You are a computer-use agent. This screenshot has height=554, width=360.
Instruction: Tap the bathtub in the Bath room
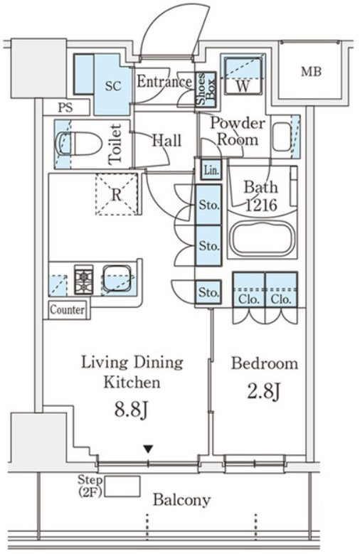[x=262, y=238]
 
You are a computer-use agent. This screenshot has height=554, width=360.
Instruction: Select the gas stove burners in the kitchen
[x=83, y=279]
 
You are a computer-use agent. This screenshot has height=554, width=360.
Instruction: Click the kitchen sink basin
[x=117, y=279]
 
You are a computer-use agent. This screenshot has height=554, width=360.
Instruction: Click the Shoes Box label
[x=206, y=89]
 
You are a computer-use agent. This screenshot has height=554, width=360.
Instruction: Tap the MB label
[x=311, y=72]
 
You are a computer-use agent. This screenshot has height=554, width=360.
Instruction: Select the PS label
[x=65, y=107]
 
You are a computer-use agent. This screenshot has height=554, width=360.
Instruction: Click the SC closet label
[x=113, y=86]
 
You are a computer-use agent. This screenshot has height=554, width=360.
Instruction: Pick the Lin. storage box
[x=211, y=170]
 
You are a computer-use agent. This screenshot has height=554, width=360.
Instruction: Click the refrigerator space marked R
[x=117, y=194]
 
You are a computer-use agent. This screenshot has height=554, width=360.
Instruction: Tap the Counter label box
[x=67, y=310]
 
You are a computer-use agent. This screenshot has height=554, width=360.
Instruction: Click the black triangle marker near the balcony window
[x=148, y=449]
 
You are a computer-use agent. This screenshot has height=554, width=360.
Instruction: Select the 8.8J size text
[x=131, y=410]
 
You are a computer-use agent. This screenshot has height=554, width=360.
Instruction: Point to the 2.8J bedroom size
[x=264, y=391]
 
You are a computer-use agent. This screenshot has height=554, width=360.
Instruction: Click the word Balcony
[x=181, y=500]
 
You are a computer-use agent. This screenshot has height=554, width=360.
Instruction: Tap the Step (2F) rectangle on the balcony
[x=122, y=486]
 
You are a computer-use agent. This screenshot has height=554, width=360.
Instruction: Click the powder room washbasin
[x=282, y=137]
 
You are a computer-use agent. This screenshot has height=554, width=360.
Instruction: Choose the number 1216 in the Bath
[x=261, y=205]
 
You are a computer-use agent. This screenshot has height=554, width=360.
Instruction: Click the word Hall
[x=166, y=140]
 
